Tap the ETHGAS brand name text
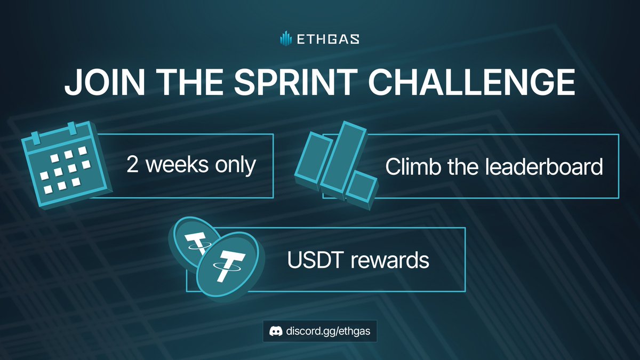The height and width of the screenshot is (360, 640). point(327,39)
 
